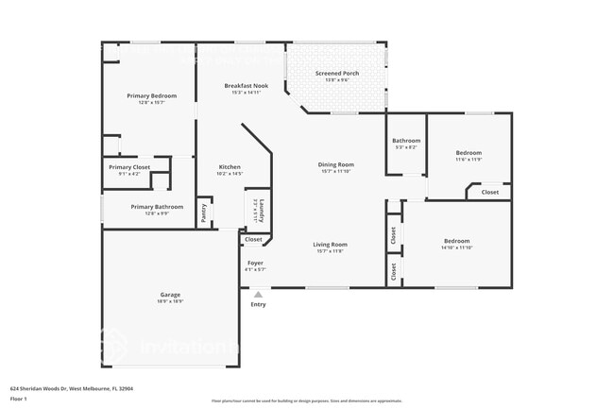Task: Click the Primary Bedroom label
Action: [152, 95]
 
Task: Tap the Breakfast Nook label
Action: [246, 86]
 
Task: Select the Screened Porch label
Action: [336, 74]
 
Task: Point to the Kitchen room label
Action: [230, 167]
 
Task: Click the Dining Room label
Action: [335, 164]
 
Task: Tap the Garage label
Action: [170, 295]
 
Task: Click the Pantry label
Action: [204, 213]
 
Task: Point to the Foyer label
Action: [255, 263]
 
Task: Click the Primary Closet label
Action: [128, 167]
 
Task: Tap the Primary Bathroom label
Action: [157, 207]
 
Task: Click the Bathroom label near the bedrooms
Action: [406, 141]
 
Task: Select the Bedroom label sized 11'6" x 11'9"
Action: [469, 153]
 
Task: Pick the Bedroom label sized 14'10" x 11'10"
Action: [456, 241]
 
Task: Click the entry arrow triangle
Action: [258, 295]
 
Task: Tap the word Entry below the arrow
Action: [258, 304]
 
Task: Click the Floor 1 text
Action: [19, 398]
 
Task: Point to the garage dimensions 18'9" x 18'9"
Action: [170, 301]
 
